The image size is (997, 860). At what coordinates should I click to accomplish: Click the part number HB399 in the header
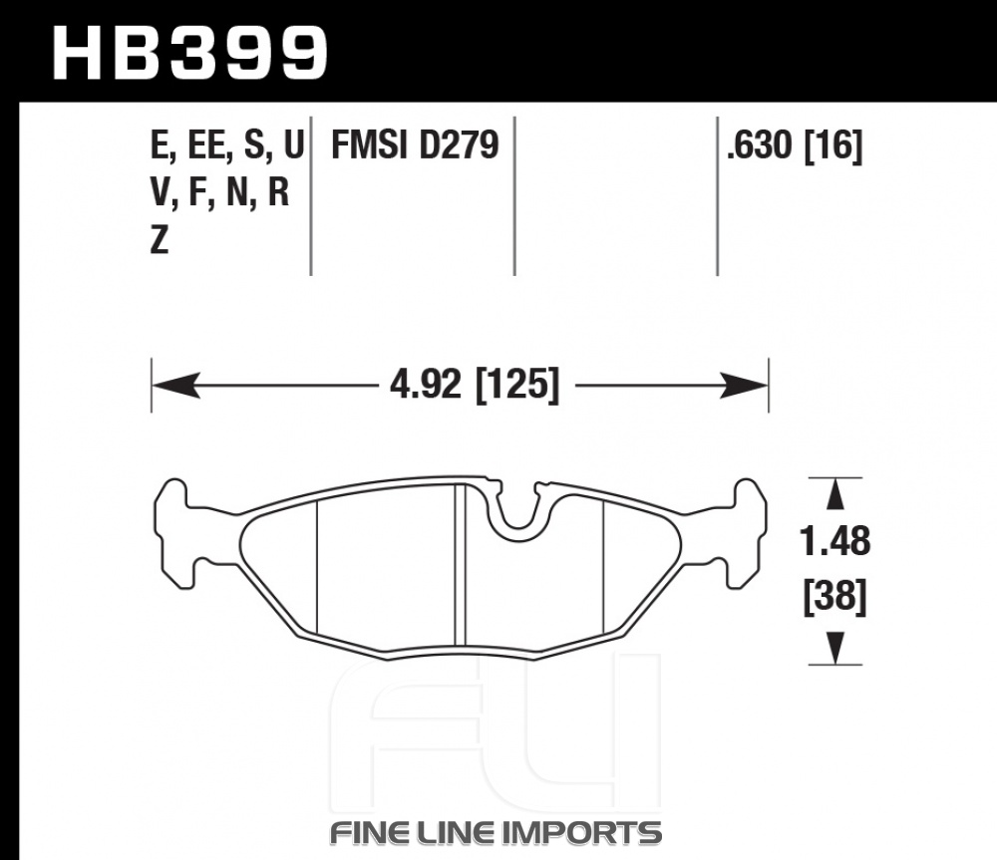[x=189, y=53]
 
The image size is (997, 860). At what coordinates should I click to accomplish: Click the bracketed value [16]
[x=833, y=145]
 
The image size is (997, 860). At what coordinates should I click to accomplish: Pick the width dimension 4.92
[x=425, y=385]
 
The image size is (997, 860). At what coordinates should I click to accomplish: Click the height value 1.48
[x=834, y=541]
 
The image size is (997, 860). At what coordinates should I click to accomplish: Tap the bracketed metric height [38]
[x=834, y=597]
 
